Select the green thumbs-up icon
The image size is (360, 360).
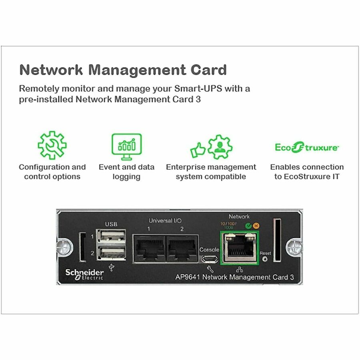click(198, 150)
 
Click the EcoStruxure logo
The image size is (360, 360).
click(307, 148)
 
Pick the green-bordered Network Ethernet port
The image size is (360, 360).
click(240, 247)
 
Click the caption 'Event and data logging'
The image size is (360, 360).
click(126, 172)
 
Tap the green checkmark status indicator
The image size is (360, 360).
click(248, 225)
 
